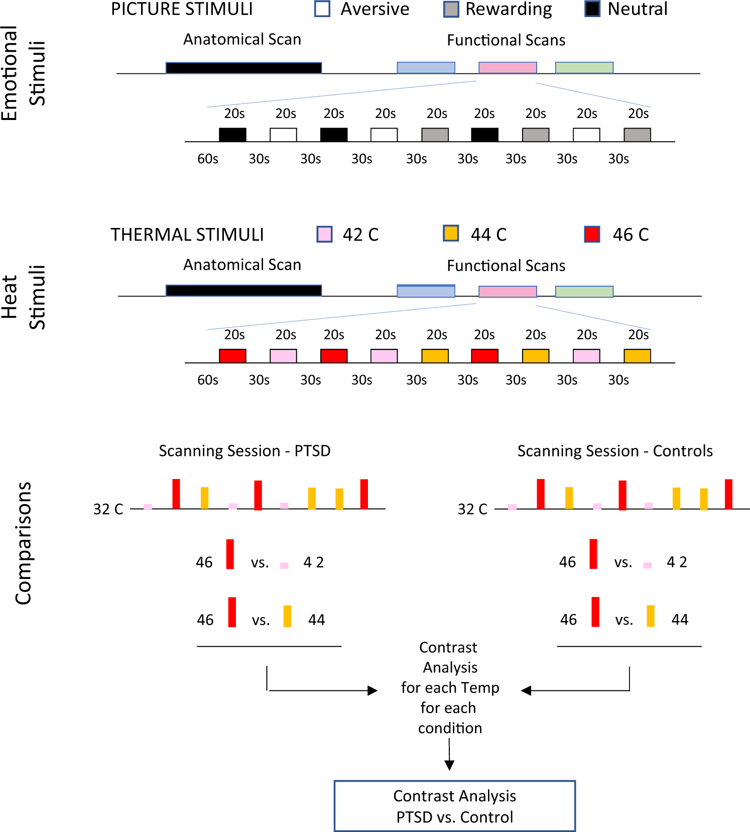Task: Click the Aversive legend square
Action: (322, 9)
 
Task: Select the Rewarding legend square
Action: (451, 9)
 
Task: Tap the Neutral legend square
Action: (592, 9)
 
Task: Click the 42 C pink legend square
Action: (324, 234)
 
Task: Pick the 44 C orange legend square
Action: (451, 233)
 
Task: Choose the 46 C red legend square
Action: (592, 234)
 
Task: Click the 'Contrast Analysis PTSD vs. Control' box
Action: (454, 805)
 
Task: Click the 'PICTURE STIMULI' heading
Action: (182, 10)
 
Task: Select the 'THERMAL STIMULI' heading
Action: (187, 234)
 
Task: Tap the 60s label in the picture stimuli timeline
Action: (207, 159)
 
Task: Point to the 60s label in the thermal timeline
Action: (207, 380)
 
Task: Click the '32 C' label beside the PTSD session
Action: (108, 509)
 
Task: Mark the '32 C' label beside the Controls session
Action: (472, 509)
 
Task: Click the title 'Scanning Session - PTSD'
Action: (244, 451)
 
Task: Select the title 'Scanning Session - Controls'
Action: (615, 451)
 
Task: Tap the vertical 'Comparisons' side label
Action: (23, 543)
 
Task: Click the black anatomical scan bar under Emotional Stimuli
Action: (243, 68)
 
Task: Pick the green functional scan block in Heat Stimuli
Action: (584, 292)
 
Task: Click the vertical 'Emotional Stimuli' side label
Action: (23, 73)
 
